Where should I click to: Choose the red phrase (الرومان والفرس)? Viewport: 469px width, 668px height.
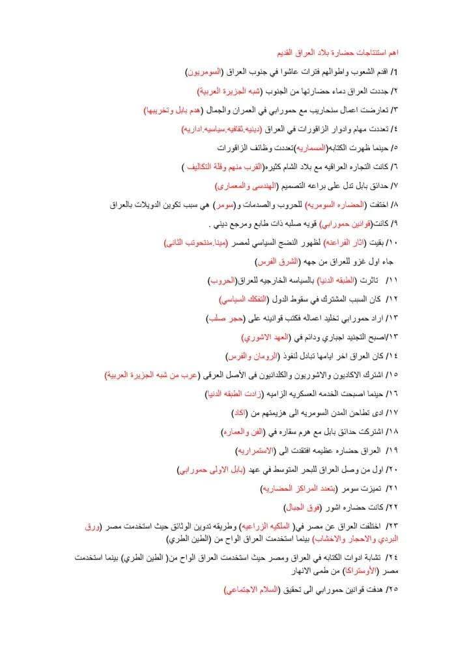[253, 357]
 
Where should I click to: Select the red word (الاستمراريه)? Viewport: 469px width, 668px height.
[255, 451]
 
